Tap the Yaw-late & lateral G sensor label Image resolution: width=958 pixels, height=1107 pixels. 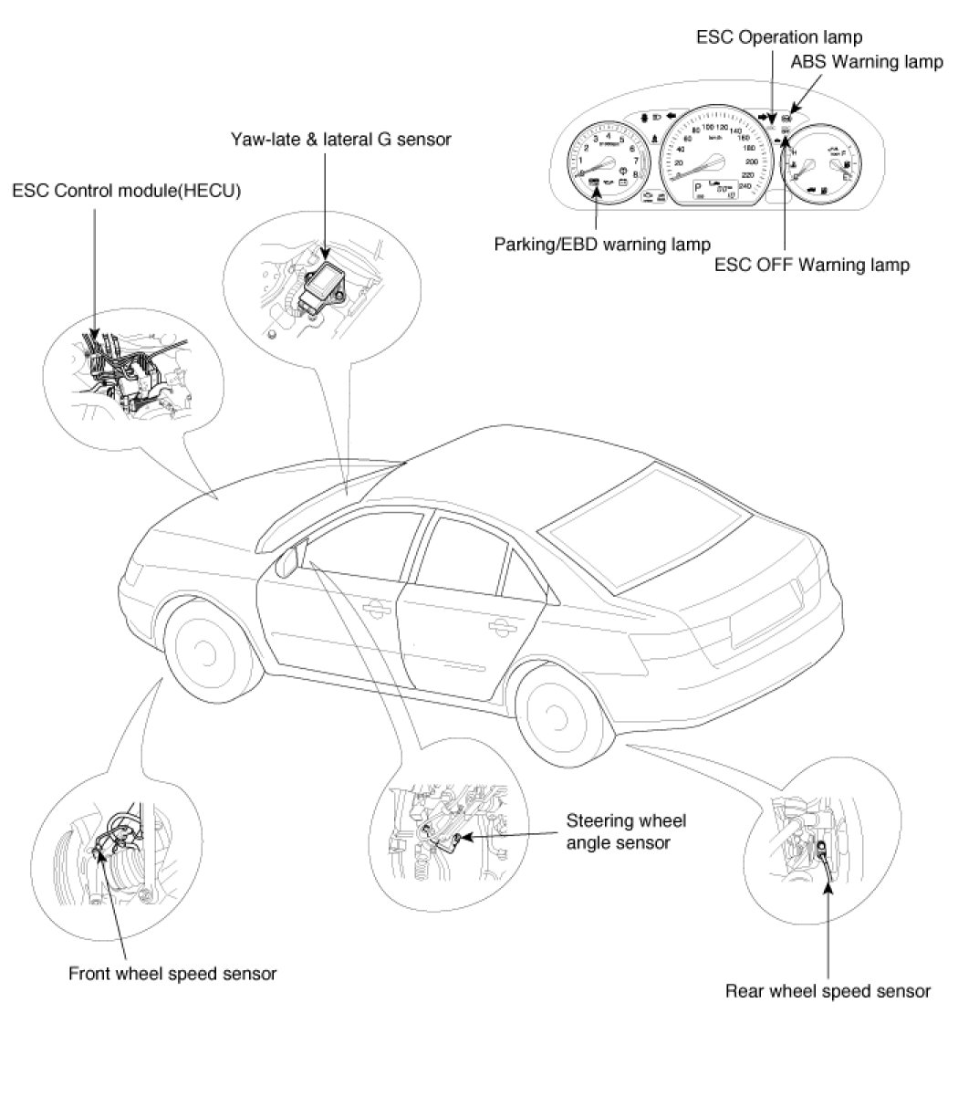[x=340, y=139]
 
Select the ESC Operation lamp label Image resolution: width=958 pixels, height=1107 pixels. [x=778, y=37]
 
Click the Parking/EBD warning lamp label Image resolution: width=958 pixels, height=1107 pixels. [x=602, y=245]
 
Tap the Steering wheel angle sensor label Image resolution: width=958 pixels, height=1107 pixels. [x=625, y=831]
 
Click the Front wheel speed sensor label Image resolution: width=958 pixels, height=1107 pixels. [x=172, y=973]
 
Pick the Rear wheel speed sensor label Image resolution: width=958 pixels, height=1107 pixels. [x=828, y=990]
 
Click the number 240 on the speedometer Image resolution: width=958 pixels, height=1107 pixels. [x=745, y=186]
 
